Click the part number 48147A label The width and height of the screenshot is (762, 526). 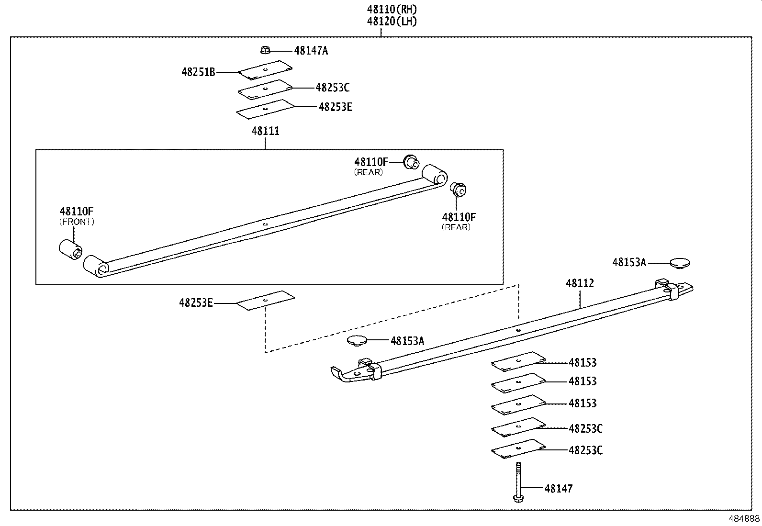pos(311,50)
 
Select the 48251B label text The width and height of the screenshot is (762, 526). pos(198,72)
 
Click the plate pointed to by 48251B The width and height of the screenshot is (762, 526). pos(265,70)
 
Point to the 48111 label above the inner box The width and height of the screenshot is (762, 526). pos(266,131)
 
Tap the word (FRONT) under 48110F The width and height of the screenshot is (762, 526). pos(77,222)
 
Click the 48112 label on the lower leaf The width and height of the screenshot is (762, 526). pos(580,283)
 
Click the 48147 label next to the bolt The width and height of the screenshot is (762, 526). pos(558,489)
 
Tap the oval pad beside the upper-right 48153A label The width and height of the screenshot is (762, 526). pos(680,262)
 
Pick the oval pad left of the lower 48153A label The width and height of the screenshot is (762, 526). pos(357,340)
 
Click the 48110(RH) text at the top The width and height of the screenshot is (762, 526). pos(392,9)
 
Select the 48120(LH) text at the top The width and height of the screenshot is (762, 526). pos(392,21)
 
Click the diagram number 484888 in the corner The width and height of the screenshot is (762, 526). pos(744,519)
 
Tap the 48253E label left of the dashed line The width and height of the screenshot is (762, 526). pos(196,302)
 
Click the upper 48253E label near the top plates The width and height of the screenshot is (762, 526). pos(335,107)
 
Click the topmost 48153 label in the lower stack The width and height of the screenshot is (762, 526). pos(583,362)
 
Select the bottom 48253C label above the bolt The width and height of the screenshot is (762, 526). pos(585,450)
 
